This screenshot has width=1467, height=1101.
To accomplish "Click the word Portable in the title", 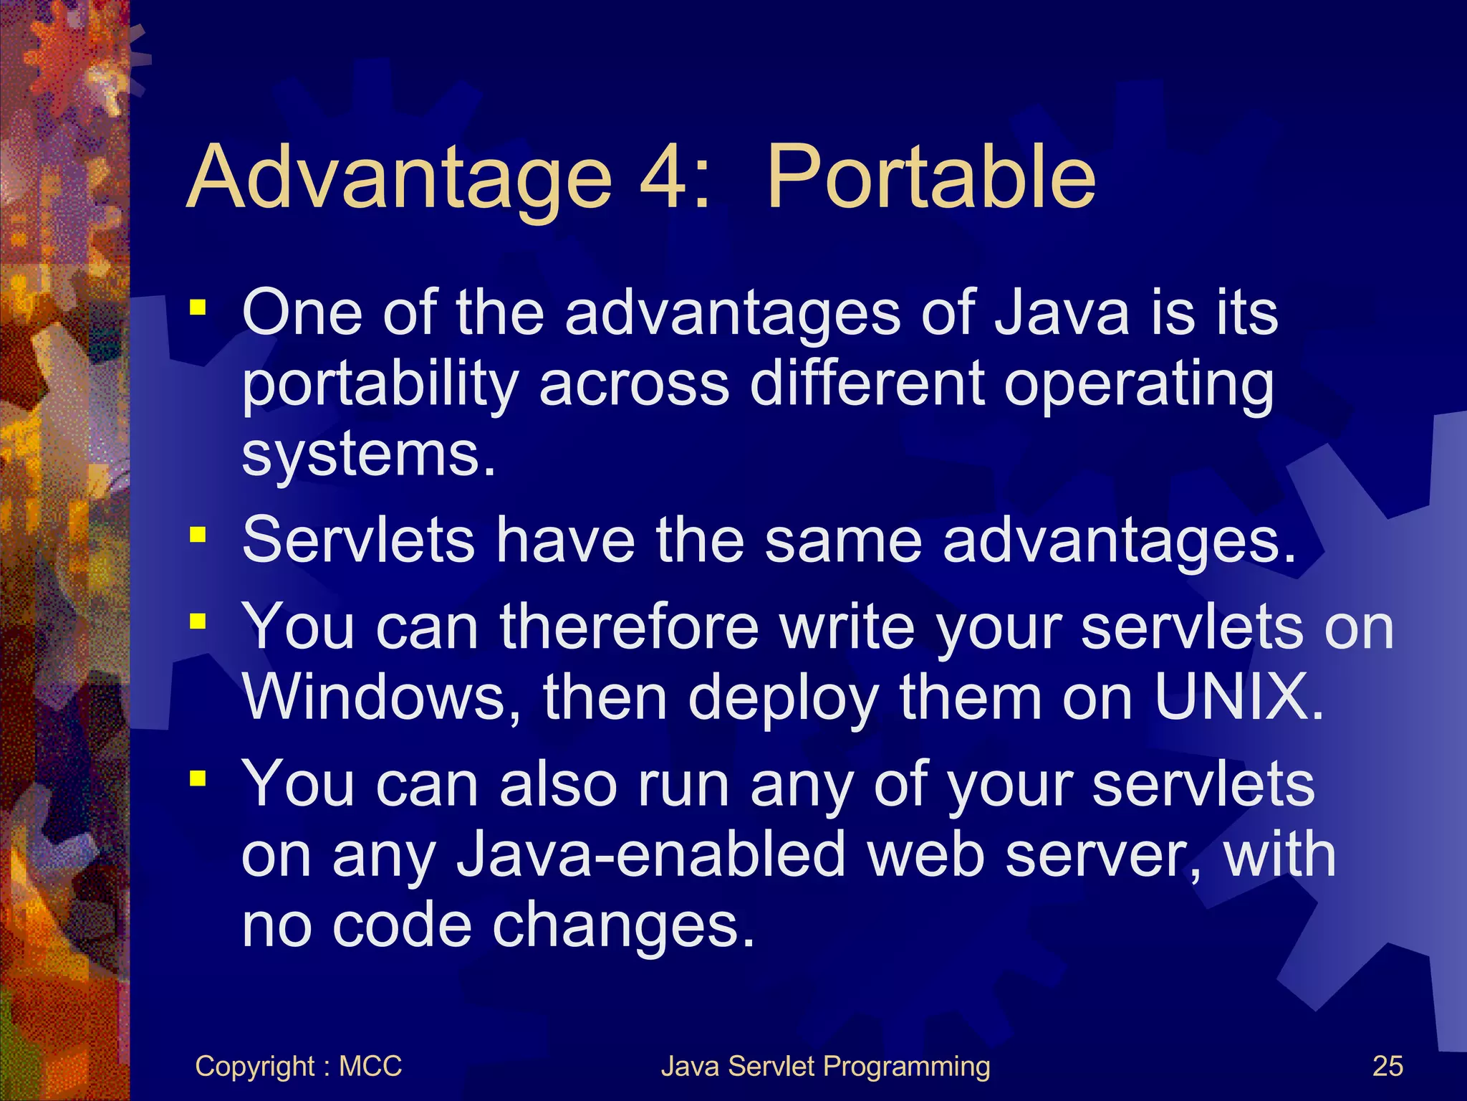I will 931,177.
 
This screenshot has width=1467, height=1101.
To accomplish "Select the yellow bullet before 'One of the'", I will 198,309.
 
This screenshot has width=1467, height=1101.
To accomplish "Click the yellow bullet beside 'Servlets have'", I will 198,535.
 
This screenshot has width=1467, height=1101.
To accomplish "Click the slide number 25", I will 1387,1066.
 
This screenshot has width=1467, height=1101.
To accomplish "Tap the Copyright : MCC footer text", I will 298,1066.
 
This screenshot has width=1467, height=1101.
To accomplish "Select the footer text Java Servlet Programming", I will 825,1066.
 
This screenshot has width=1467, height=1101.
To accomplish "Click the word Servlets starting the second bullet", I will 358,539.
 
